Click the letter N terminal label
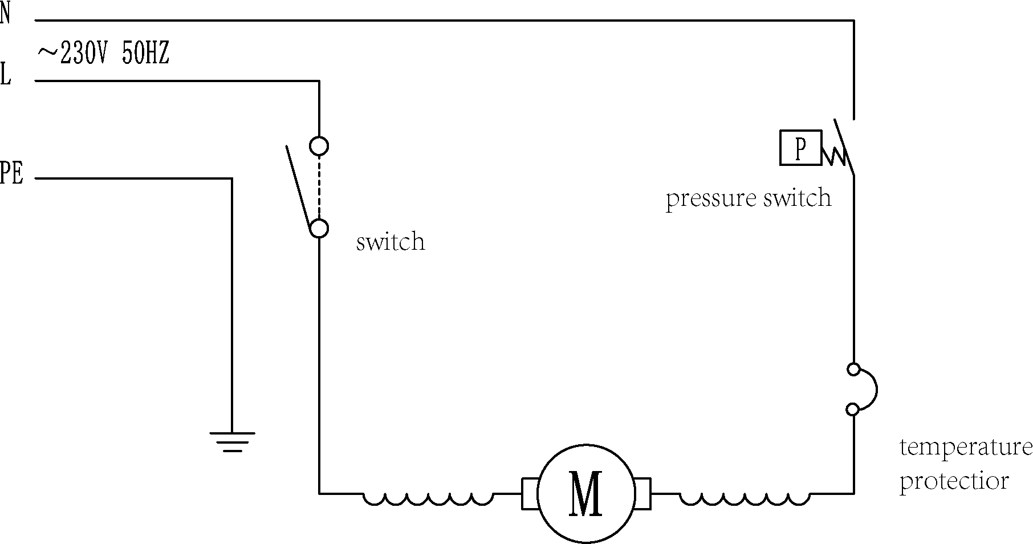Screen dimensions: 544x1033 [5, 14]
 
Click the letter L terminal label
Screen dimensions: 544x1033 [5, 75]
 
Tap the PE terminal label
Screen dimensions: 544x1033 [11, 173]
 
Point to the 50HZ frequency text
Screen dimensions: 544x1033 [145, 55]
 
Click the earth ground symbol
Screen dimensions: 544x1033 [232, 441]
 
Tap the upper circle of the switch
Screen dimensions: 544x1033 [319, 146]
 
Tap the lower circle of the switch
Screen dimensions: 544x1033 [319, 228]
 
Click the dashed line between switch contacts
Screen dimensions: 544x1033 [319, 187]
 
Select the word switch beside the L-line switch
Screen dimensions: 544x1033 [391, 242]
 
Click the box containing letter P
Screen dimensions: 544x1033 [800, 148]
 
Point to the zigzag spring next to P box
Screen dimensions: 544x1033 [833, 155]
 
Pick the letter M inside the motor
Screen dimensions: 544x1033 [585, 494]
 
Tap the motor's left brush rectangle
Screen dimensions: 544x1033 [530, 493]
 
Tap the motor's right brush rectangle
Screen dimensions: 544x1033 [642, 493]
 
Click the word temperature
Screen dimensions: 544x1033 [966, 448]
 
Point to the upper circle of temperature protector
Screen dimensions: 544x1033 [853, 370]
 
